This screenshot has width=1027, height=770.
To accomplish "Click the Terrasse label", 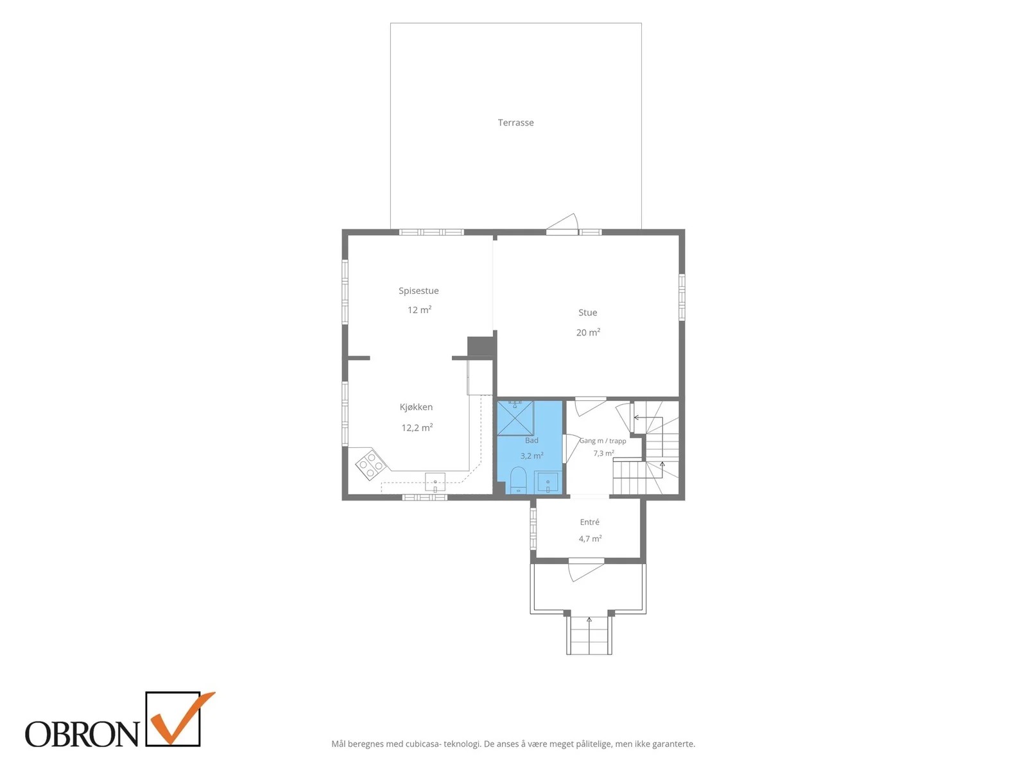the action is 515,123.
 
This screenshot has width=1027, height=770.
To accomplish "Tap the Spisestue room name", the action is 419,291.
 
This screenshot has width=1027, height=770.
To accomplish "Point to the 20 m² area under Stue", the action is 588,332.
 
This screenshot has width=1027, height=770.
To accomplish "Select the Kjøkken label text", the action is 416,407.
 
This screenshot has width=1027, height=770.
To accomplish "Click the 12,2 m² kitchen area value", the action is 417,427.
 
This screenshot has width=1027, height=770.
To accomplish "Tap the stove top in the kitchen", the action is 371,464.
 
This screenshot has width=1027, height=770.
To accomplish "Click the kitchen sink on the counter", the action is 435,483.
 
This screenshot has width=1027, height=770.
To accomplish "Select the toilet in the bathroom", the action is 518,480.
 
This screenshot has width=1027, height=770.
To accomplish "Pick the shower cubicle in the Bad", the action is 515,418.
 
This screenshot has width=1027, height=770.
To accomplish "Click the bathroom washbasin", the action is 548,483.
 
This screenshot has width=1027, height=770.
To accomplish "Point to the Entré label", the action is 589,522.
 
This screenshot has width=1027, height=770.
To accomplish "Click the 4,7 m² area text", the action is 589,538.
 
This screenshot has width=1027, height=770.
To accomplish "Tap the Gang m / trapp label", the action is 603,441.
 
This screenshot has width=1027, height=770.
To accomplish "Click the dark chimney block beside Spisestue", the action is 481,346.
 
